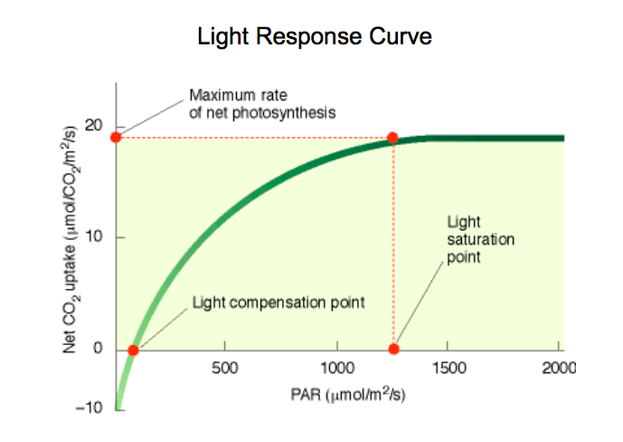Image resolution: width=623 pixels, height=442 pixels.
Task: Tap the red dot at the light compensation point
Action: [133, 351]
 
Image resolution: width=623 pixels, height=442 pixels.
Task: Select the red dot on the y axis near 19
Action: [116, 137]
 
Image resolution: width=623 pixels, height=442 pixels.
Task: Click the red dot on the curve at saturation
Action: [392, 138]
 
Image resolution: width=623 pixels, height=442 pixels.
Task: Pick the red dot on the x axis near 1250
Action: [393, 350]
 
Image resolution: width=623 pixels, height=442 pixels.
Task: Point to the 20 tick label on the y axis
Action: [94, 125]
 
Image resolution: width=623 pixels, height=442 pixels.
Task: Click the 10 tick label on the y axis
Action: [94, 237]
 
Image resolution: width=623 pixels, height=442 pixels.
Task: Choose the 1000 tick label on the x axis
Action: [336, 369]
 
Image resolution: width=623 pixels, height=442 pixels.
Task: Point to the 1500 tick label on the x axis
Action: [448, 369]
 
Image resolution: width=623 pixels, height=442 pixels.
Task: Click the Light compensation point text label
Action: [278, 302]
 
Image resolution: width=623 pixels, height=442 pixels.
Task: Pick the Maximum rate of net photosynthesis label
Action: [262, 103]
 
